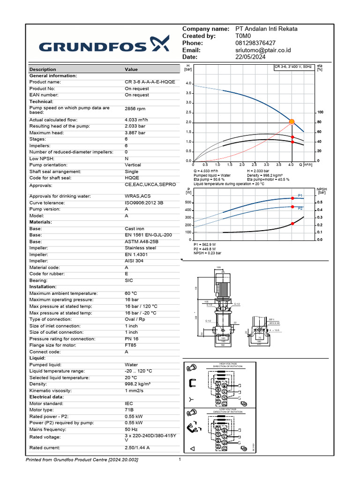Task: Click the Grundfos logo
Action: click(x=103, y=46)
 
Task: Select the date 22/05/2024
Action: click(x=250, y=57)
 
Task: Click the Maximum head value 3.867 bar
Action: click(x=135, y=133)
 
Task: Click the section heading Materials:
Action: click(x=41, y=222)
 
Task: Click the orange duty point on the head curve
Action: click(x=292, y=122)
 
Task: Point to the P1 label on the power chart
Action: click(x=300, y=195)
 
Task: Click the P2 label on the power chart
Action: click(x=300, y=208)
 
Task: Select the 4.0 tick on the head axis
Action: click(x=188, y=83)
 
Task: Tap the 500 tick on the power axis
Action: click(x=188, y=202)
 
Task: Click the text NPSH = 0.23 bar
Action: click(x=207, y=253)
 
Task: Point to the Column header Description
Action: click(x=43, y=69)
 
